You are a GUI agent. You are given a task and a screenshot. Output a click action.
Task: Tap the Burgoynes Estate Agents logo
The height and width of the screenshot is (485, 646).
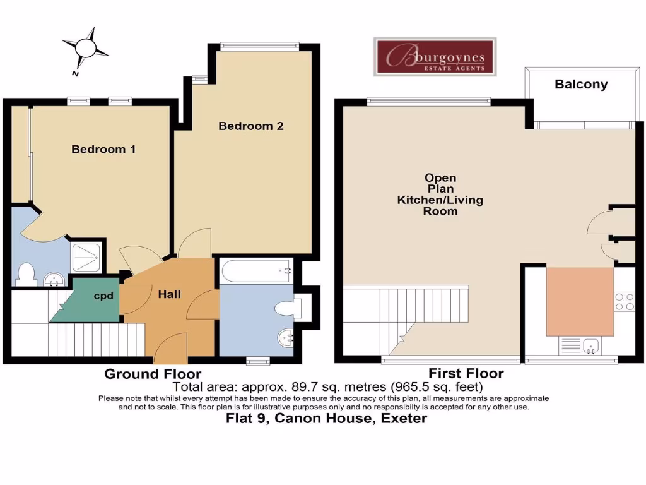coord(435,57)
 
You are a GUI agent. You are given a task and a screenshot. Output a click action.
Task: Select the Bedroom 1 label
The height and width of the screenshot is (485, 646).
coord(103,150)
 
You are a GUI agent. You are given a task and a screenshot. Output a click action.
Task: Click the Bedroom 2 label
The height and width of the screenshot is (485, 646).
coord(251,126)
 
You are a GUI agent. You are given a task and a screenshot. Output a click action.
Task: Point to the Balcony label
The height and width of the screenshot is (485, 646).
coord(580,84)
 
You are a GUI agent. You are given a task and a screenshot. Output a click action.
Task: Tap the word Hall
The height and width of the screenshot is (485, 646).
coord(169,294)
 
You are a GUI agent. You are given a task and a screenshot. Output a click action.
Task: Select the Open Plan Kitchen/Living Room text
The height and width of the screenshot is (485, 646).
coord(440,195)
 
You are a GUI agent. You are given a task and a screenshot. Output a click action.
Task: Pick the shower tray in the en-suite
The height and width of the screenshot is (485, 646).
coord(85,257)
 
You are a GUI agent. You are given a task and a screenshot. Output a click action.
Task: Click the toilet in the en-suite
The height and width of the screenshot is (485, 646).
coord(26,274)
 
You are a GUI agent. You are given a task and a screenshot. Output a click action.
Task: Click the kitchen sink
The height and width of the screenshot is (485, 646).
coord(591,345)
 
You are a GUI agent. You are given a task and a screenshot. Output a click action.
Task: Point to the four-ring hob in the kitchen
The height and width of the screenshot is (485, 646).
coord(624,301)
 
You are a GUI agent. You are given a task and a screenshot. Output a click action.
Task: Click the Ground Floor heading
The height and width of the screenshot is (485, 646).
coord(153,374)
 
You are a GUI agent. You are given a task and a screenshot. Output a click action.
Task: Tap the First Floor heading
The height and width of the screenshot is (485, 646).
coord(466,373)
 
